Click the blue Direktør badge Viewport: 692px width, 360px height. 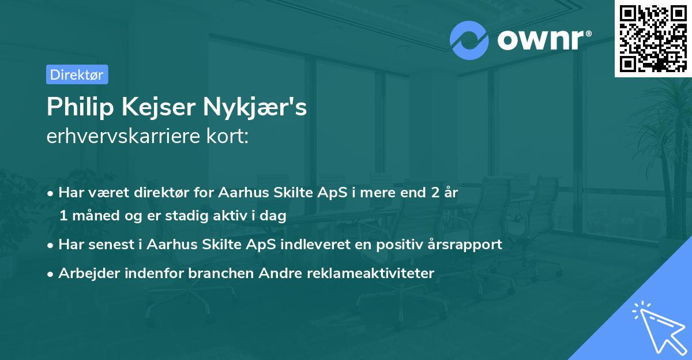coord(77,74)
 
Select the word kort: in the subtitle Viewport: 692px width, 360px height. coord(228,137)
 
